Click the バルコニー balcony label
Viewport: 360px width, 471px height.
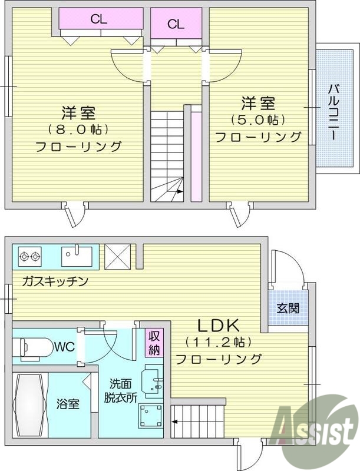(x=332, y=112)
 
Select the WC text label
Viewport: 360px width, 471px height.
(x=64, y=347)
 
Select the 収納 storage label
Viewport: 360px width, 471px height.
(x=154, y=343)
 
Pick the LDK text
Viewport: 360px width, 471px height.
(x=217, y=325)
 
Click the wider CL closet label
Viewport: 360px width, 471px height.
(x=98, y=19)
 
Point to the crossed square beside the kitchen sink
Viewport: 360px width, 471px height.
(x=116, y=256)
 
